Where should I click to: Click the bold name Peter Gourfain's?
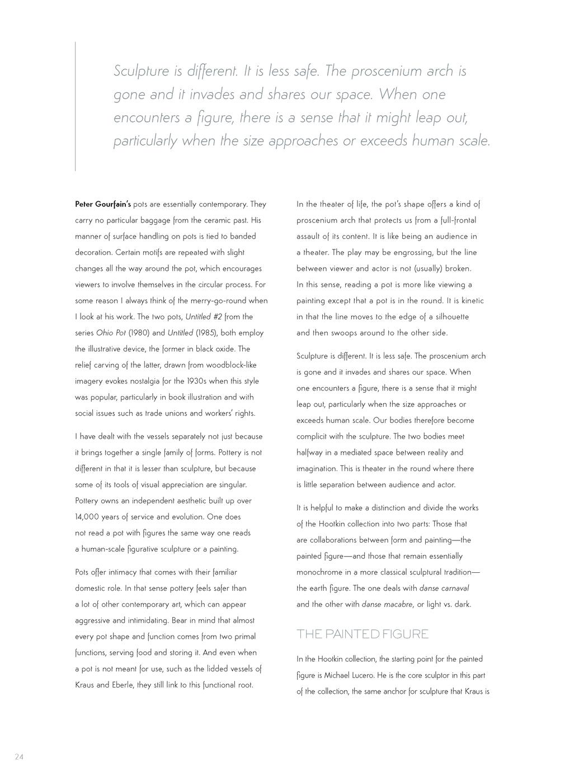[103, 204]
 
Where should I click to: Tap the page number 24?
[19, 757]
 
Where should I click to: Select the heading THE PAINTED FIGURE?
[363, 634]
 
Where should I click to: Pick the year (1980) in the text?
[139, 333]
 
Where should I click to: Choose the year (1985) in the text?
[206, 333]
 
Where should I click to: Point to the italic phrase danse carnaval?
[444, 588]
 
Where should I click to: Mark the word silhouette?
[449, 317]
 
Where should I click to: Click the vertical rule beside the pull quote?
[76, 106]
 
